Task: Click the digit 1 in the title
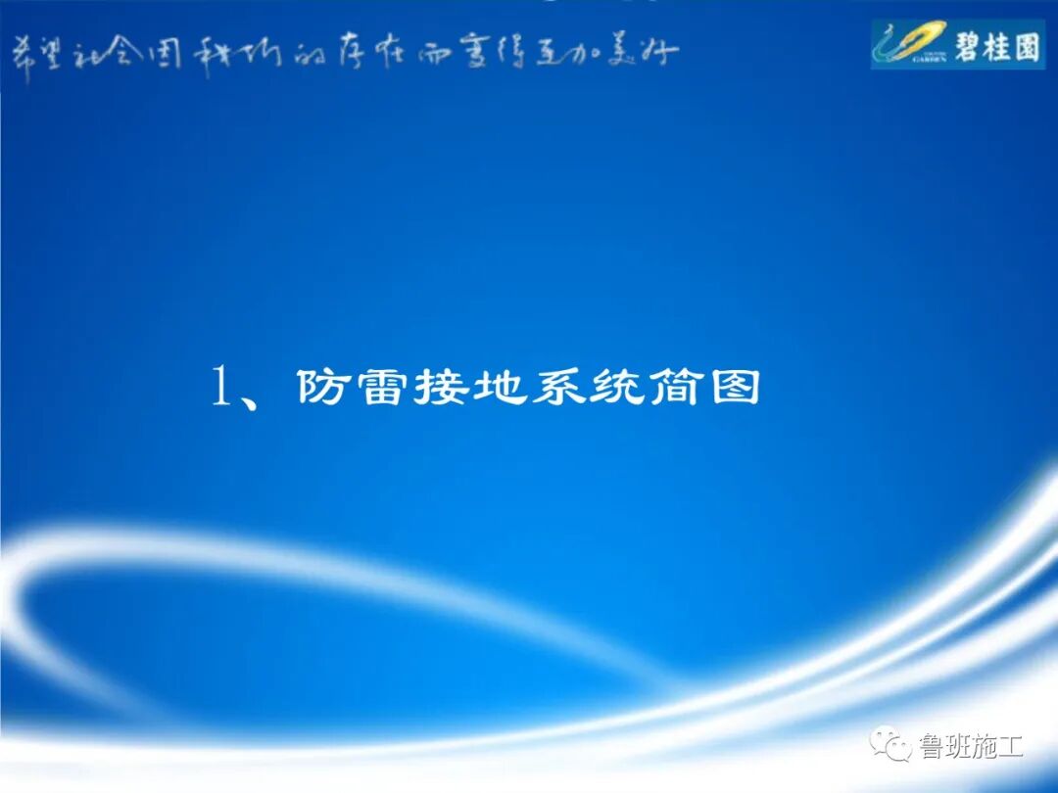[x=221, y=388]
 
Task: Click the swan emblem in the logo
[x=907, y=45]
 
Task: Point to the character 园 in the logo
[x=1027, y=45]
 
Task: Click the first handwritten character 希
[x=22, y=55]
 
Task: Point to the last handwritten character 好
[x=662, y=53]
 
